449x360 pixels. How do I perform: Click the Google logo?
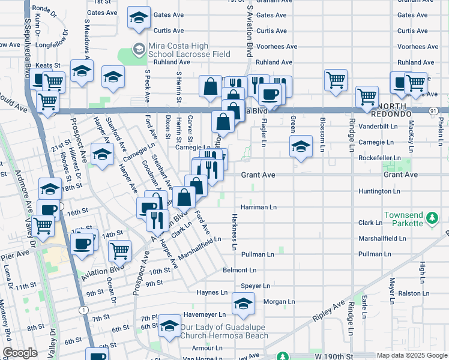[x=20, y=353]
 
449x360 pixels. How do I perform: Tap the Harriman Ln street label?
[x=258, y=207]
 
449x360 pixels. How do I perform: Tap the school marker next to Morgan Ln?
[x=243, y=305]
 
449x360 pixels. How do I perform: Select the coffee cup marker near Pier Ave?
[x=82, y=244]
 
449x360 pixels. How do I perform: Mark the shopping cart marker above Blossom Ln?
[x=336, y=79]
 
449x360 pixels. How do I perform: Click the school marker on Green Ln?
[x=301, y=146]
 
